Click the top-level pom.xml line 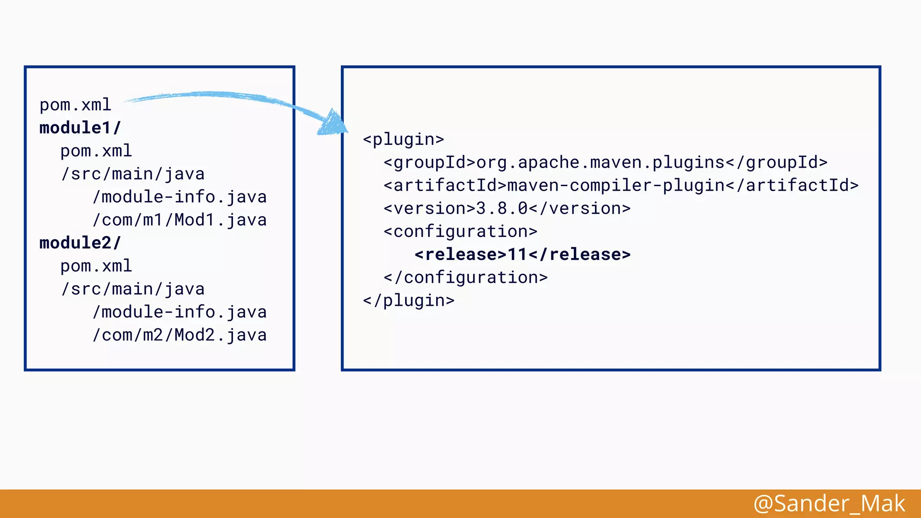coord(75,105)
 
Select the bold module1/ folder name coord(80,128)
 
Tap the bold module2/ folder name coord(80,243)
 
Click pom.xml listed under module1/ coord(96,151)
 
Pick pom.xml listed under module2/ coord(96,266)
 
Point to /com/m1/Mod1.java coord(179,220)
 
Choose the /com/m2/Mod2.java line coord(179,335)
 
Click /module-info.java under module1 coord(179,197)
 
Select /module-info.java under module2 coord(179,313)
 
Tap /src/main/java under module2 coord(133,289)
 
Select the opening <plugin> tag coord(403,139)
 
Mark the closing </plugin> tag coord(408,300)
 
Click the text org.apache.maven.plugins coord(600,163)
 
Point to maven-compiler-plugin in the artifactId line coord(616,186)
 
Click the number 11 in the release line coord(517,255)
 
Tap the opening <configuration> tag coord(460,232)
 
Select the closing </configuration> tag coord(465,278)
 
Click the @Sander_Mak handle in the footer coord(829,504)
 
